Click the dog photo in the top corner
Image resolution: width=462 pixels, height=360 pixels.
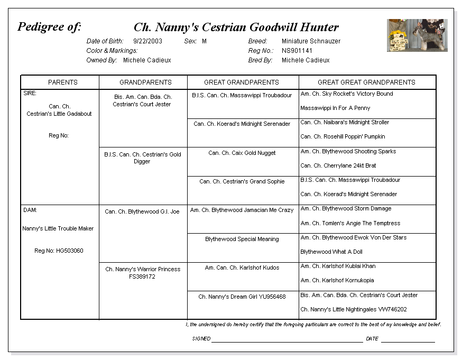point(417,35)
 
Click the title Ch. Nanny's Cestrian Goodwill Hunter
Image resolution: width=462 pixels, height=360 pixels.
point(236,27)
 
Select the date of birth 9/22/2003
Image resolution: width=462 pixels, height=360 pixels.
point(147,41)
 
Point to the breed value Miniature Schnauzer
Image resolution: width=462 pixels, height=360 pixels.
point(311,41)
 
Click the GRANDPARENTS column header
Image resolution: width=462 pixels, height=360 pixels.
point(145,82)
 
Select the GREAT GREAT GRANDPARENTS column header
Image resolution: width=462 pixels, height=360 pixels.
point(366,82)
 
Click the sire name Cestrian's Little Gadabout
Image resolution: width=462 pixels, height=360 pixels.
point(59,114)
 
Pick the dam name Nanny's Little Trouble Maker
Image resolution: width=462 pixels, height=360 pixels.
point(58,229)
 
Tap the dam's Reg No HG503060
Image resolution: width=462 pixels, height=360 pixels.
point(59,251)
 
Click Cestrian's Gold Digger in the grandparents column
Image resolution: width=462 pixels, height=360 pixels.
point(142,158)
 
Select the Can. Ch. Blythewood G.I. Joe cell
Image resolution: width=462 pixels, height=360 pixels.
point(142,212)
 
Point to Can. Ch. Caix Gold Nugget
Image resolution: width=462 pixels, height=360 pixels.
point(242,153)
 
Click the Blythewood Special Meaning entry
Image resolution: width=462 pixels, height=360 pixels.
point(242,239)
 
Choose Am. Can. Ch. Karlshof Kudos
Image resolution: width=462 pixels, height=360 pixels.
point(242,267)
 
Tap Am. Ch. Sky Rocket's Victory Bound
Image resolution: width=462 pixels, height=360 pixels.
point(346,94)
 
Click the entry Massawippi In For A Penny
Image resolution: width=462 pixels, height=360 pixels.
point(335,108)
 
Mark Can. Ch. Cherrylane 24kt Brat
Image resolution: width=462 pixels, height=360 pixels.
point(338,165)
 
